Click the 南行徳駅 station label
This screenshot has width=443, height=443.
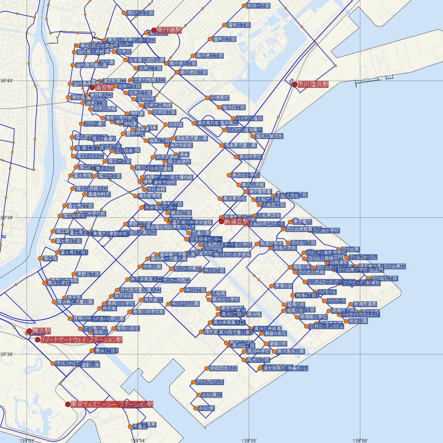tap(169, 30)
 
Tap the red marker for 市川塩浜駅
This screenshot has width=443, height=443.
tap(295, 84)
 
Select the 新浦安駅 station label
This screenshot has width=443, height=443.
tap(237, 221)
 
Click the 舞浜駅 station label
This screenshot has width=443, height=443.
tap(41, 331)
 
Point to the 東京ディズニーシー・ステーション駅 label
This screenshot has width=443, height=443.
tap(111, 404)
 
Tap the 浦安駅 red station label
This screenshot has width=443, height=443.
tap(104, 88)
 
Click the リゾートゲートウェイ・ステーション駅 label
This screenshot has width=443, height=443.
tap(81, 339)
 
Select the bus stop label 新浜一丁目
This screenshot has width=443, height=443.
tap(258, 6)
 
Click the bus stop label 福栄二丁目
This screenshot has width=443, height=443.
tap(239, 25)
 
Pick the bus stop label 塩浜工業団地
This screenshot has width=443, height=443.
tap(269, 136)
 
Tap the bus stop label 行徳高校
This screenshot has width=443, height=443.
tap(219, 98)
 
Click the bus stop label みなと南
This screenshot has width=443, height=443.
tap(206, 408)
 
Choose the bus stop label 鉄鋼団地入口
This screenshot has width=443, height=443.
tap(223, 368)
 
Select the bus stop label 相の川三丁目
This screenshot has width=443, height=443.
tap(140, 13)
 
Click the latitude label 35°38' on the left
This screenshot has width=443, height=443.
tap(7, 354)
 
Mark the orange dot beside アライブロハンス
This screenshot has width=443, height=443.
tap(193, 382)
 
